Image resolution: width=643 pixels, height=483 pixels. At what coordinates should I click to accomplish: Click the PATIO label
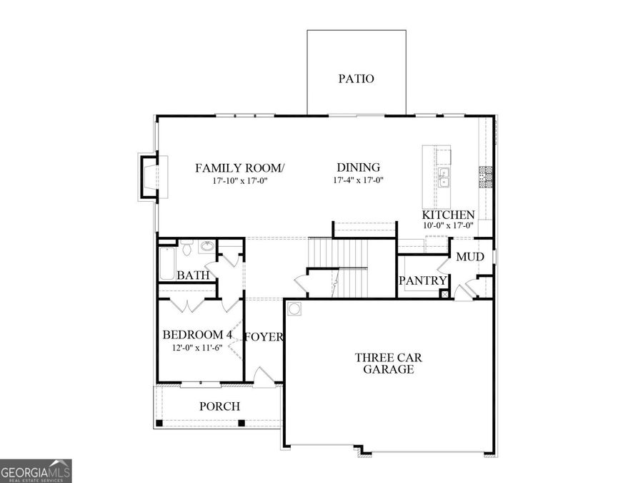point(356,79)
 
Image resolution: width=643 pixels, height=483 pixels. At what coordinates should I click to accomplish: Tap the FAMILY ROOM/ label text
point(240,167)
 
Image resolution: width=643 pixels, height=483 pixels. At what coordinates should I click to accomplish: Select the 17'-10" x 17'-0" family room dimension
point(240,180)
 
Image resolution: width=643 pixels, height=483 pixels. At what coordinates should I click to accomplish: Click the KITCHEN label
point(448,215)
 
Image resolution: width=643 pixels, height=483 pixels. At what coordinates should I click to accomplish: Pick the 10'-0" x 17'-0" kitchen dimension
point(448,226)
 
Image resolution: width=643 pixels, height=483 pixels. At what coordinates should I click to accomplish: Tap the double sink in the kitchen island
point(444,177)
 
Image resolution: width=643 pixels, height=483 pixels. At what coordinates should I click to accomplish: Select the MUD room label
point(470,257)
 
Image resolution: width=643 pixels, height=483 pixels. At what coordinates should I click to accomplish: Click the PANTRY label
point(422,281)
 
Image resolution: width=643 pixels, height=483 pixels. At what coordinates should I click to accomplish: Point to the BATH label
point(193,275)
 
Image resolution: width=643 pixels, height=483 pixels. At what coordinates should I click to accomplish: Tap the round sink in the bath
point(206,248)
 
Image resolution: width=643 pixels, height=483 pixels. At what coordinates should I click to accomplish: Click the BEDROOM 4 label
point(197,335)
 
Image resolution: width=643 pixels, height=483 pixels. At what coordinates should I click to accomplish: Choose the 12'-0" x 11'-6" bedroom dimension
point(197,348)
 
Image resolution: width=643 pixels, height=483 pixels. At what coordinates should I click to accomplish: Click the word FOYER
point(264,337)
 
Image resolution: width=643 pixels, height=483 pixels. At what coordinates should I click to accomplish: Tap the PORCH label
point(219,406)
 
